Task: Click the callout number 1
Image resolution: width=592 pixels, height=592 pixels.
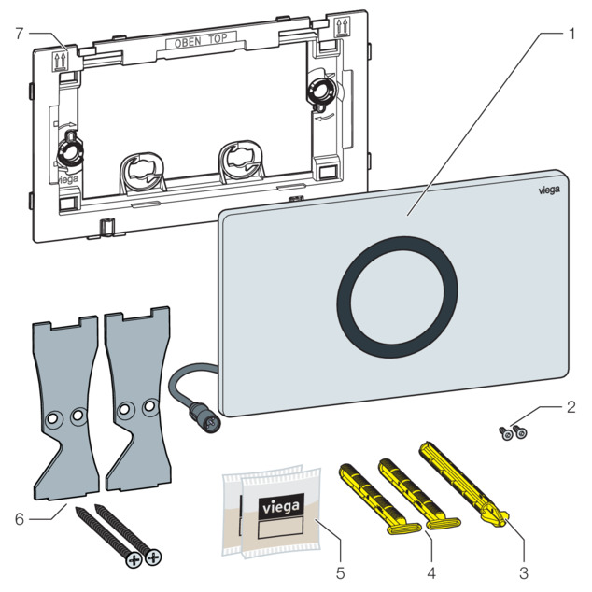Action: point(571,34)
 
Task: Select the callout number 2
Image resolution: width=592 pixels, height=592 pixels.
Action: point(571,407)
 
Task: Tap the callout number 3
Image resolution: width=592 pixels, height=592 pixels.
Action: point(524,572)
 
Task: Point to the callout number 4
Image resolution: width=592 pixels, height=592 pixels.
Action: point(431,572)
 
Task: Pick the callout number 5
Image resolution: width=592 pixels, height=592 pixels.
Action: point(340,572)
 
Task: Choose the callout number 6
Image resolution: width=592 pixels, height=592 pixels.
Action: point(20,519)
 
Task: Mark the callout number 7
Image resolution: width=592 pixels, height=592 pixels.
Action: point(20,34)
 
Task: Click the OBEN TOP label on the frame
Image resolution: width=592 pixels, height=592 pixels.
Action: point(201,40)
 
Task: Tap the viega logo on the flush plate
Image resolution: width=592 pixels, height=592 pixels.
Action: point(549,190)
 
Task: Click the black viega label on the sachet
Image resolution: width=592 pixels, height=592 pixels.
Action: point(281,507)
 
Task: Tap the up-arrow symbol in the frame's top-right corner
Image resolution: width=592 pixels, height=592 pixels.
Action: point(343,28)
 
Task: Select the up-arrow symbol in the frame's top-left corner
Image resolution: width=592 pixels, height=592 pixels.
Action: point(58,62)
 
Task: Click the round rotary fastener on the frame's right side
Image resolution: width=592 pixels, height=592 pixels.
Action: point(322,91)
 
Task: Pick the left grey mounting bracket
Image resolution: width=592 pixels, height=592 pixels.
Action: point(66,408)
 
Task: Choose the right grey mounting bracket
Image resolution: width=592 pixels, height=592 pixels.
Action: point(138,400)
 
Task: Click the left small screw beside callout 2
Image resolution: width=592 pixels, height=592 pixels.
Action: point(506,434)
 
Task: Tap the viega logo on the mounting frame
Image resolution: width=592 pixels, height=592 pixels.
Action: point(68,179)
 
